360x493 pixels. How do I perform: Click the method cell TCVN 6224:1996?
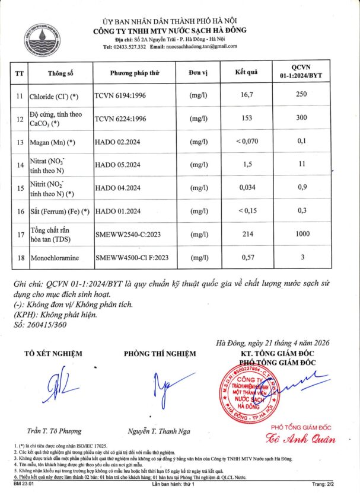[120, 119]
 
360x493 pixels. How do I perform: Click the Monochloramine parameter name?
[56, 258]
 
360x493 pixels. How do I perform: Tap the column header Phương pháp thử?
[136, 73]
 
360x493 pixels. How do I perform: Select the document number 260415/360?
[45, 325]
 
